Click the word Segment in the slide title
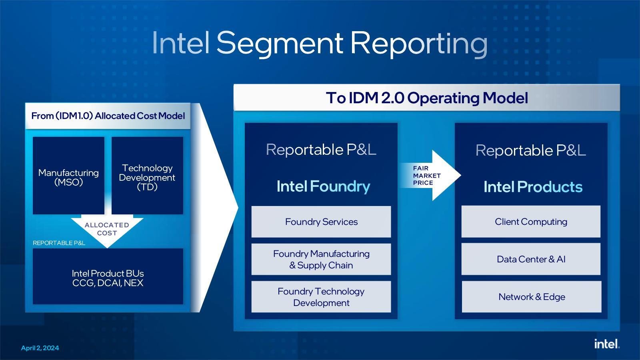280,44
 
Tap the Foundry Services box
321,222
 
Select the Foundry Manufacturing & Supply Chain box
321,259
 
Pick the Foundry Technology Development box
321,296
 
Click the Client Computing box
531,222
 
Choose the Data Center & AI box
531,259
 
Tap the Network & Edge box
532,296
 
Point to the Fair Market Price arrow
430,176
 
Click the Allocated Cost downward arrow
107,230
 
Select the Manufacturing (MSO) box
68,176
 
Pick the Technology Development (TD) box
147,176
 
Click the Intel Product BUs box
108,276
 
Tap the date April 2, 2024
40,348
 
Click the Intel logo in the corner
607,344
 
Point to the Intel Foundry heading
323,186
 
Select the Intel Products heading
533,187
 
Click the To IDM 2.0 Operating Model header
427,98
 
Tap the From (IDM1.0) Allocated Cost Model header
108,116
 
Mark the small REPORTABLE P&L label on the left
59,243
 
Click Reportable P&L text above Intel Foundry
321,150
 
